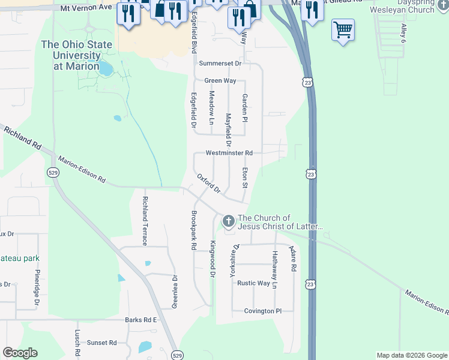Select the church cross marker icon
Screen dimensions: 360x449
(x=228, y=222)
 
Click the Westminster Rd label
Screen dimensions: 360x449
(x=229, y=153)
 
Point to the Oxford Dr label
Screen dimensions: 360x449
(x=210, y=184)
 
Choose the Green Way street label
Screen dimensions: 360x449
(x=220, y=80)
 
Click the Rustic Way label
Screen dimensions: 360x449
(x=253, y=283)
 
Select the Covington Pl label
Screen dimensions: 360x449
(x=262, y=311)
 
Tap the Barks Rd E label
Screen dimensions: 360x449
(x=140, y=320)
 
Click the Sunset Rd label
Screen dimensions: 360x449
(x=101, y=343)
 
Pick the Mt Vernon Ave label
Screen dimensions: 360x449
(x=87, y=7)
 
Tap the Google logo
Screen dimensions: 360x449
(x=20, y=353)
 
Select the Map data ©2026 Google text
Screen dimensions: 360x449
(x=411, y=355)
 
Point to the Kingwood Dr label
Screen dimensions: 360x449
(x=212, y=259)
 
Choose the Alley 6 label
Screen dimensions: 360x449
(x=403, y=33)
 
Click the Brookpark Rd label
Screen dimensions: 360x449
(x=193, y=230)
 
